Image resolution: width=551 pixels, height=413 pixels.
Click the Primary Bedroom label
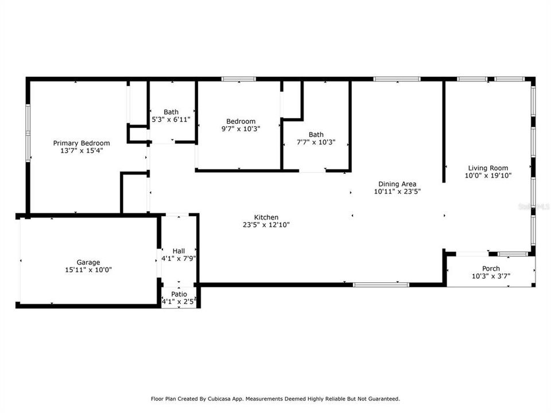[82, 143]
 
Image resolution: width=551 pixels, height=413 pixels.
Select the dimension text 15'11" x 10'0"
[88, 269]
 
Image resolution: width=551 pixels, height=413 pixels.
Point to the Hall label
[179, 251]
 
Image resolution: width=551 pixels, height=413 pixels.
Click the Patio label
[179, 294]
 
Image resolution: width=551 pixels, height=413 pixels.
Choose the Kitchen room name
[266, 217]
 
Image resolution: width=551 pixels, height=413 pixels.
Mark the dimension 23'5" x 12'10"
[266, 225]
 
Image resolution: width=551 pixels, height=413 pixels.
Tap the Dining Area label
[397, 184]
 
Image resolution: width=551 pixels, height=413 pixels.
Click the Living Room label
[487, 168]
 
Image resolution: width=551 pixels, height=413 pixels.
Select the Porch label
[491, 268]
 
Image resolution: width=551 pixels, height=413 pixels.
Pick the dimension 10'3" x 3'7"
[491, 276]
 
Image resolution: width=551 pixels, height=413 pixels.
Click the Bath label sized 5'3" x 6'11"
[171, 112]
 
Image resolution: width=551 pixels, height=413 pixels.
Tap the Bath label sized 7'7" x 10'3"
[316, 134]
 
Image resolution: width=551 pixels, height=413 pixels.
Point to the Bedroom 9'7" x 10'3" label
[240, 122]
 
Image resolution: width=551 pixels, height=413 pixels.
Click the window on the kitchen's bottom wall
[381, 284]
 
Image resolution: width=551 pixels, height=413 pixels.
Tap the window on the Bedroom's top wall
[239, 79]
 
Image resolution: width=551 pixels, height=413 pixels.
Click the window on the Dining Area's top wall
[397, 79]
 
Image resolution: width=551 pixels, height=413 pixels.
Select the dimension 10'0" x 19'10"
[487, 176]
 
